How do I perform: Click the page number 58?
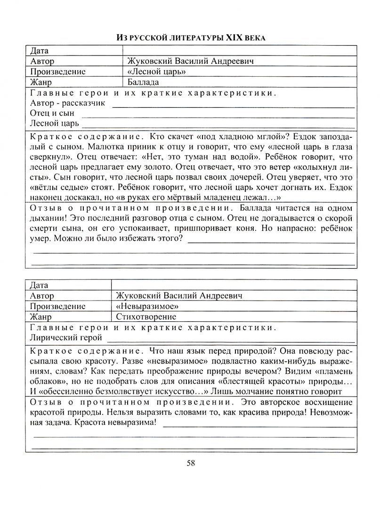(x=190, y=463)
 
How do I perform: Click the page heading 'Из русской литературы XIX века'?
(x=190, y=37)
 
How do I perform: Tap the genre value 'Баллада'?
(x=143, y=82)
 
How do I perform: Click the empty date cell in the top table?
(x=241, y=51)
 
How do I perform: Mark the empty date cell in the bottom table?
(x=234, y=285)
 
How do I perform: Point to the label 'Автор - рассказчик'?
(x=67, y=103)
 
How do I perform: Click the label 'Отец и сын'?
(x=52, y=114)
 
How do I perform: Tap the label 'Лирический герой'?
(x=65, y=338)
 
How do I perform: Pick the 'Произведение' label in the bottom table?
(x=57, y=306)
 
